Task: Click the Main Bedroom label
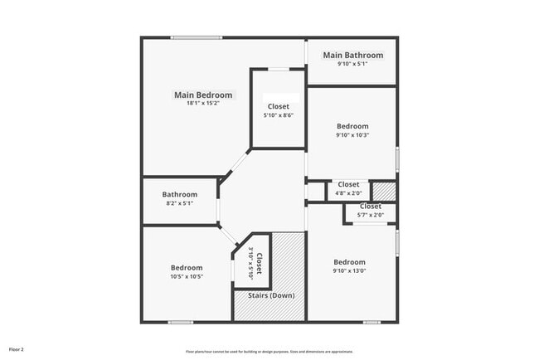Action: tap(202, 95)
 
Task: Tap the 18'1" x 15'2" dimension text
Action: tap(202, 104)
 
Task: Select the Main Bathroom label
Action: tap(352, 56)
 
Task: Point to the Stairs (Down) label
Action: tap(271, 295)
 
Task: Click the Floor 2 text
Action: tap(17, 349)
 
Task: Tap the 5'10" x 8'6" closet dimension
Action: tap(279, 115)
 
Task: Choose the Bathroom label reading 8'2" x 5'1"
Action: tap(179, 195)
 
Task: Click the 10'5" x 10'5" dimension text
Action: tap(187, 277)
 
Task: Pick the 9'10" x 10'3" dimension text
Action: tap(352, 134)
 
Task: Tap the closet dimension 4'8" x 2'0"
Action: tap(348, 192)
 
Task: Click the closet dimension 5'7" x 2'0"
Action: tap(370, 214)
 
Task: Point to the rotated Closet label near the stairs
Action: tap(259, 265)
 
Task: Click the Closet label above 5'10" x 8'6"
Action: tap(279, 106)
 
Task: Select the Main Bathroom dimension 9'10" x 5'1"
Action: tap(352, 64)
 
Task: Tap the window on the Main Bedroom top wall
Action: tap(197, 37)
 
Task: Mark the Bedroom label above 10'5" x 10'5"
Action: tap(187, 267)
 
